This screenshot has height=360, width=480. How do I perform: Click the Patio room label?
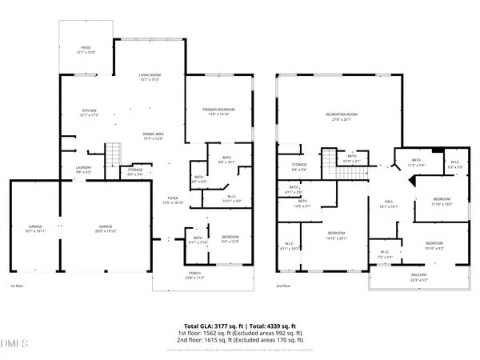pyautogui.click(x=86, y=50)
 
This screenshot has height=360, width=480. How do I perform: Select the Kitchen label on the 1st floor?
pyautogui.click(x=89, y=113)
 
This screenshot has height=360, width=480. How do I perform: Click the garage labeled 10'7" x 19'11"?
pyautogui.click(x=35, y=228)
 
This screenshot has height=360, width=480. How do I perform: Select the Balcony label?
pyautogui.click(x=419, y=278)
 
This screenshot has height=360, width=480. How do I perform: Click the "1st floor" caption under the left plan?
pyautogui.click(x=18, y=286)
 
